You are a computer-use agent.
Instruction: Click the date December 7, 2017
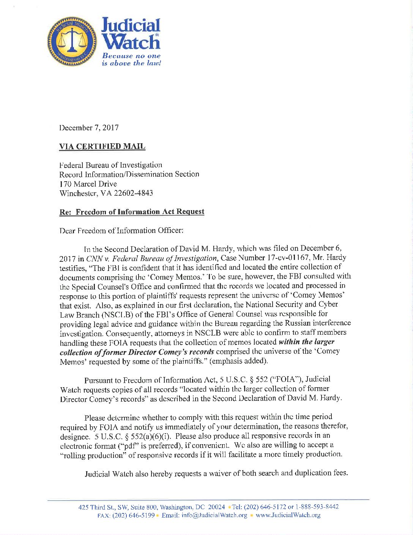click(x=89, y=128)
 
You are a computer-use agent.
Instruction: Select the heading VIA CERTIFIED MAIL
click(x=102, y=146)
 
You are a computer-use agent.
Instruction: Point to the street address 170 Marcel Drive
click(x=88, y=184)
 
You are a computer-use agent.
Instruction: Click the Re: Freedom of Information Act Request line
click(x=132, y=212)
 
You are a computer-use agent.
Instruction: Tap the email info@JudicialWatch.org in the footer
click(x=214, y=516)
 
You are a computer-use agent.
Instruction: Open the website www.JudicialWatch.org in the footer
click(x=288, y=516)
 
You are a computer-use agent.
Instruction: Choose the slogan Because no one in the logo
click(x=131, y=56)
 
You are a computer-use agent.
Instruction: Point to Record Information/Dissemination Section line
click(x=129, y=174)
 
